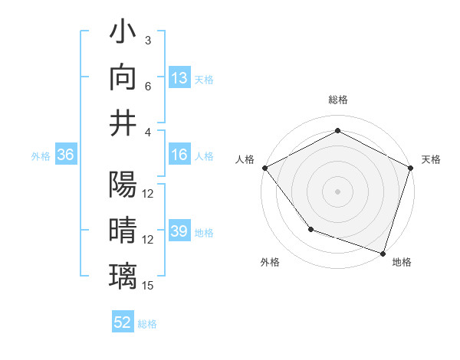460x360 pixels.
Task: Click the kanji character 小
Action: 123,34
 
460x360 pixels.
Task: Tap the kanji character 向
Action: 123,78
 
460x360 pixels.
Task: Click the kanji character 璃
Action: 123,275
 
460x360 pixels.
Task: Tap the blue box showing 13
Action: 179,78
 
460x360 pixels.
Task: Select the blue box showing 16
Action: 179,155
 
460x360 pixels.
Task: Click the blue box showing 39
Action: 179,231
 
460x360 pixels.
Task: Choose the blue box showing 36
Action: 66,155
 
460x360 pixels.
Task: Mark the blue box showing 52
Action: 123,322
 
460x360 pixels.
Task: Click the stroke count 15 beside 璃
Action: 149,286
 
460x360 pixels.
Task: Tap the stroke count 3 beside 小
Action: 148,40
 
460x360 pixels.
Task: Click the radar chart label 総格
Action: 338,100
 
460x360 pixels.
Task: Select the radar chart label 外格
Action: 270,262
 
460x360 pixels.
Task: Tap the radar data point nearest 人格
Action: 264,167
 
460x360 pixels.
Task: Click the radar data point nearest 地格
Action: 383,252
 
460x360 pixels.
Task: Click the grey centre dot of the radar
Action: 338,191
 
